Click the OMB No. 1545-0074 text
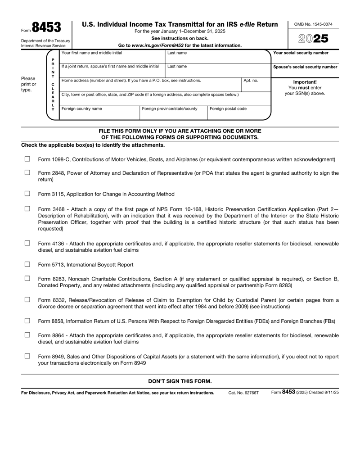314,24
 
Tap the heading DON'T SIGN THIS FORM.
180,381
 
